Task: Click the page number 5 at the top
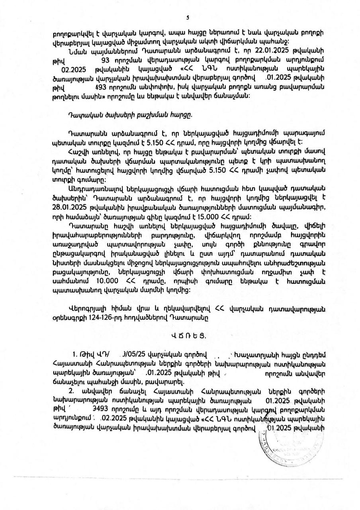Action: click(188, 17)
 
